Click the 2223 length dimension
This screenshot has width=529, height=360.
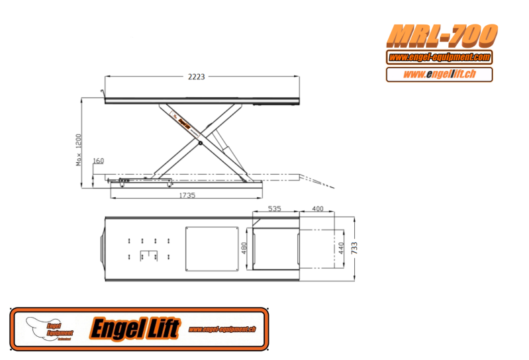point(195,77)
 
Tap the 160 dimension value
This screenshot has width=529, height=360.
point(99,161)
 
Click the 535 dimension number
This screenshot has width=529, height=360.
point(274,208)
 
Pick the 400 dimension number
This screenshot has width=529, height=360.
point(317,208)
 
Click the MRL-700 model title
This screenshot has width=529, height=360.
point(442,34)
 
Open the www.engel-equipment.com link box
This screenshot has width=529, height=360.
point(439,58)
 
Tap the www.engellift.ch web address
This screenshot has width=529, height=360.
point(439,74)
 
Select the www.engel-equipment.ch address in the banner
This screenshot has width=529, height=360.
point(222,329)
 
